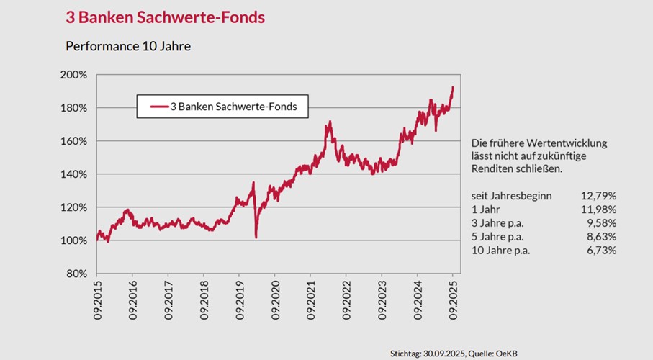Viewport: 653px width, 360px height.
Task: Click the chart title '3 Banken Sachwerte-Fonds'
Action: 165,17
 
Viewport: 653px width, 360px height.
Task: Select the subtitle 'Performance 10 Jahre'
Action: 127,46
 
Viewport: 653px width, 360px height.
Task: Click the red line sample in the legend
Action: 158,107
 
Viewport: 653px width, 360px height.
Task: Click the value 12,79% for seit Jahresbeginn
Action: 598,196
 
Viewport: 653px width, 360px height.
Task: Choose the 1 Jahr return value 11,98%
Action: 598,210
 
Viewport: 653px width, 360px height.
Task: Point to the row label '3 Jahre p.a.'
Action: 497,223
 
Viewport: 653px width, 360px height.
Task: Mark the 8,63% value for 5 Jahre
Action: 601,237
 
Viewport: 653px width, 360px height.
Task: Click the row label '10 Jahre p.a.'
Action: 500,251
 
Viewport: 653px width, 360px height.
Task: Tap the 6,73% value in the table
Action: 601,251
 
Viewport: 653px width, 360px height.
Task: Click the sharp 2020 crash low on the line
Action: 256,237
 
